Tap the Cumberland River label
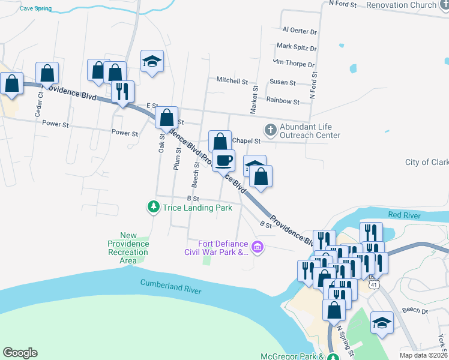pyautogui.click(x=170, y=287)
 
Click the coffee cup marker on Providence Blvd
pyautogui.click(x=223, y=161)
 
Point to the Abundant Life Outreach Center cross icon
pyautogui.click(x=270, y=129)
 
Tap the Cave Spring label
pyautogui.click(x=35, y=9)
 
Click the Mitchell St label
pyautogui.click(x=232, y=80)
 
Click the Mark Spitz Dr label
pyautogui.click(x=296, y=47)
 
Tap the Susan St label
pyautogui.click(x=283, y=82)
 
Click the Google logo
pyautogui.click(x=20, y=353)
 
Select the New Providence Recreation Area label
pyautogui.click(x=128, y=248)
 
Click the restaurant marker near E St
pyautogui.click(x=122, y=91)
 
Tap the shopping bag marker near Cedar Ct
pyautogui.click(x=47, y=74)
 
